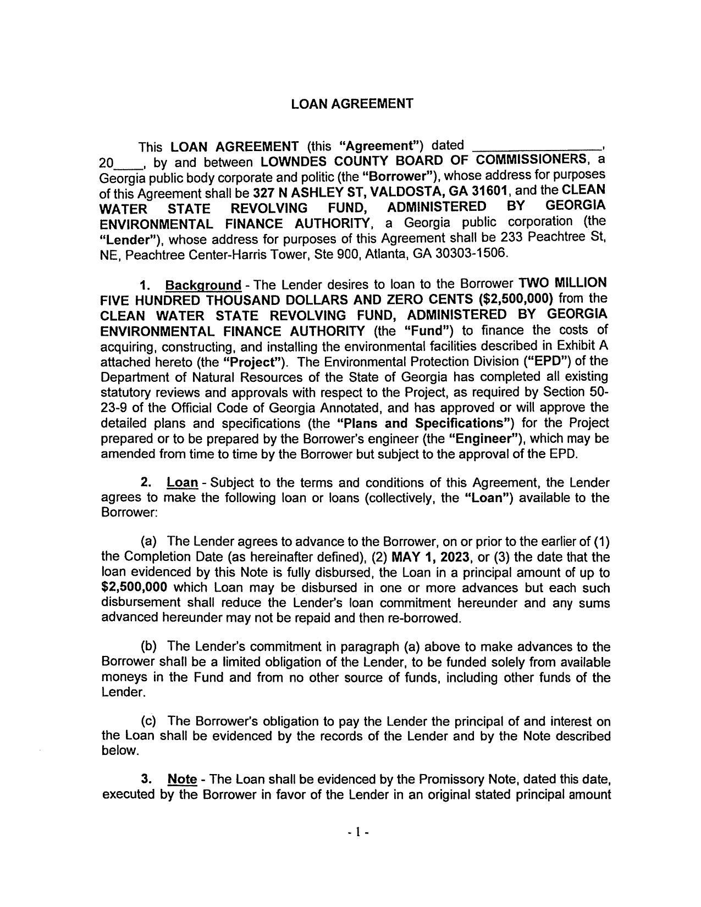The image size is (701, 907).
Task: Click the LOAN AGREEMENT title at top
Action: click(351, 104)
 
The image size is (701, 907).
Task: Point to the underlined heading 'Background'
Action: click(203, 286)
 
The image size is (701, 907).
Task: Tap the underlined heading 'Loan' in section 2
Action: click(182, 483)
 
